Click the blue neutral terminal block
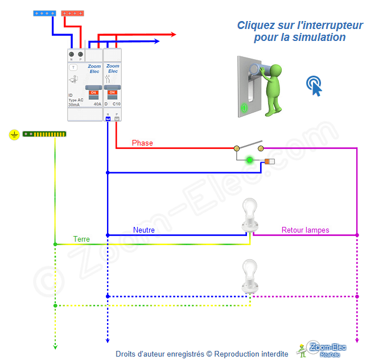44,13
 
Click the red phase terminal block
72,13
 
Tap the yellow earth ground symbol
14,134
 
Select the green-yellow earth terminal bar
44,134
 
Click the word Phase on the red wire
142,143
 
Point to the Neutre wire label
144,230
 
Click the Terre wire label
81,239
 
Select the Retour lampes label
305,230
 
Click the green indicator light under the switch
249,160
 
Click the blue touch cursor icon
314,85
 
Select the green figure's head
277,70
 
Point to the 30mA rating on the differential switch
74,105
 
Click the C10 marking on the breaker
116,105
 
